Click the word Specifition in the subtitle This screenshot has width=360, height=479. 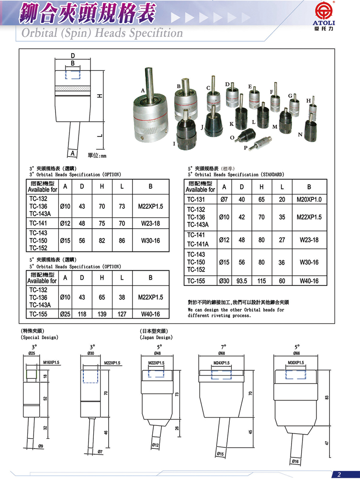tap(153, 34)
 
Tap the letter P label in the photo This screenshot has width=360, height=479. tap(246, 148)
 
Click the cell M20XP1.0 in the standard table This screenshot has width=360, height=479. tap(309, 200)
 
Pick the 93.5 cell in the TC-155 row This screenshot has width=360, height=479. tap(242, 281)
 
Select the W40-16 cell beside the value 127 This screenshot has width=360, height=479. tap(150, 314)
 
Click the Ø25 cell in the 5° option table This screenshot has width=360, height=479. tap(65, 314)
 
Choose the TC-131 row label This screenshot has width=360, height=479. tap(196, 200)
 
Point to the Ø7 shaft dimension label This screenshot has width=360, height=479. tap(100, 451)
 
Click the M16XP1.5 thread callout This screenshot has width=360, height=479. tap(51, 363)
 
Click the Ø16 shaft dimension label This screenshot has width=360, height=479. tap(296, 461)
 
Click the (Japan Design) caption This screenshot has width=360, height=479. tap(156, 338)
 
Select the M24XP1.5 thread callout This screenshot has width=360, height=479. tap(221, 363)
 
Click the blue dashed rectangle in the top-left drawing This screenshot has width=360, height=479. tap(73, 75)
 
